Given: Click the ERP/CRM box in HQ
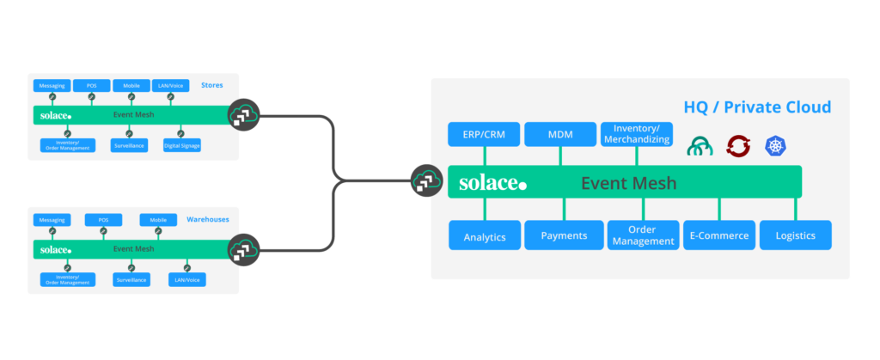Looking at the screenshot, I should [485, 135].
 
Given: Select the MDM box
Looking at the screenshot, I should [560, 135].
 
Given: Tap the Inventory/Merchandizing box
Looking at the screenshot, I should [636, 134].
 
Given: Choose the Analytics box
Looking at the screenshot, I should [484, 235].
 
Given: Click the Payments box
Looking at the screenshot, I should [564, 235].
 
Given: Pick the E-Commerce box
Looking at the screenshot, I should [719, 235].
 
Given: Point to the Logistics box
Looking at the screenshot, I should [795, 235].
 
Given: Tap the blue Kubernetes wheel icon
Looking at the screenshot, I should [775, 146].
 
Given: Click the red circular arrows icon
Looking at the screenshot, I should [738, 146].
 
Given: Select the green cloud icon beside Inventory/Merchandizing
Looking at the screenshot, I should [700, 146].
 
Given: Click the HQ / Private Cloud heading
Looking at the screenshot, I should [756, 107].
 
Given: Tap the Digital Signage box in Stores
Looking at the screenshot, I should [181, 146].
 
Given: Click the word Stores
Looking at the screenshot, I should [211, 85].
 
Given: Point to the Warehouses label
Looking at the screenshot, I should [208, 220].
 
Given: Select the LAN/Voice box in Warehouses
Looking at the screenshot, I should [181, 280].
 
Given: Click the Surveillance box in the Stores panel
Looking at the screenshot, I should [129, 146].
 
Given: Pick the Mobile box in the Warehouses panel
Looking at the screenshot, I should [157, 220].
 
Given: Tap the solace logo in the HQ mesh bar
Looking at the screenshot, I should [492, 183].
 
